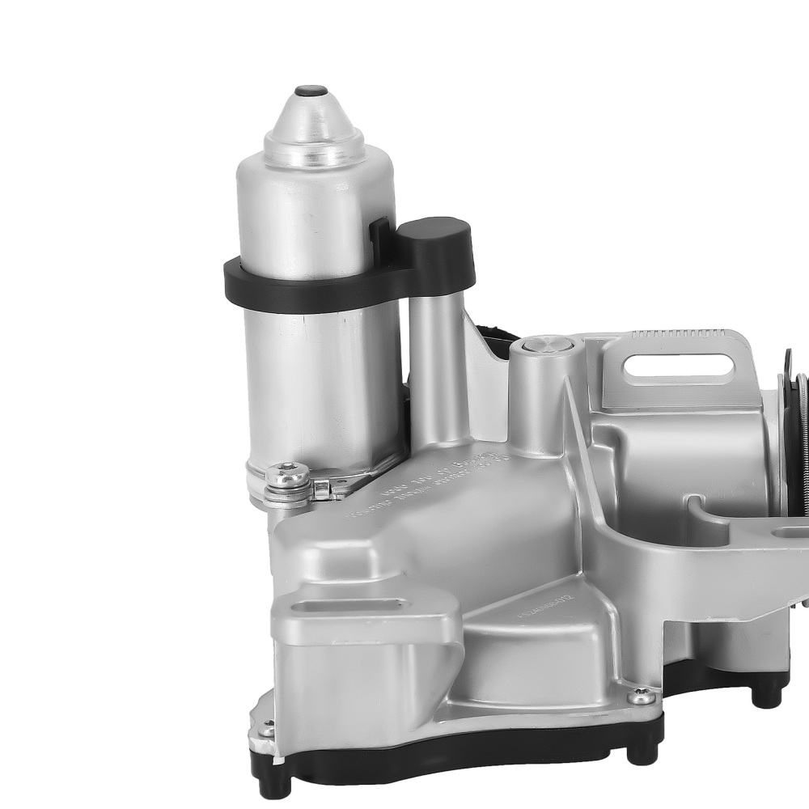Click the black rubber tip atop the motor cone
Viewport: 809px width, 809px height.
pos(311,91)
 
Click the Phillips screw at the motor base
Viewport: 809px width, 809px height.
pos(288,475)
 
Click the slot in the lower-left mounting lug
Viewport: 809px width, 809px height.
pos(348,605)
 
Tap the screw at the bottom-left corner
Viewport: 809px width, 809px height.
pos(265,731)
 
